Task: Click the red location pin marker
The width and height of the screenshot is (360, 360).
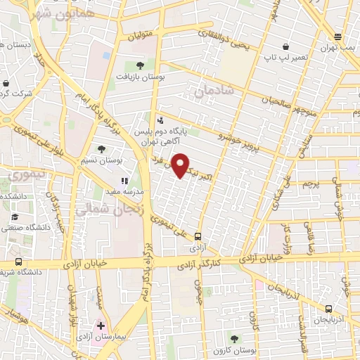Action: (x=181, y=165)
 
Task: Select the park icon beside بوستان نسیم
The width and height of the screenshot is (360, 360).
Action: (x=102, y=149)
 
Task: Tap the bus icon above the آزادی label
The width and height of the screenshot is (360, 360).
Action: (x=198, y=237)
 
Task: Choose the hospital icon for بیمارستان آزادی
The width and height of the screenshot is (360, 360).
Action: (x=101, y=326)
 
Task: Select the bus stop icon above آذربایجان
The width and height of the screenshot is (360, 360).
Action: (x=329, y=309)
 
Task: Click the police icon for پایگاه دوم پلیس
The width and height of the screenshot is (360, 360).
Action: (x=161, y=120)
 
